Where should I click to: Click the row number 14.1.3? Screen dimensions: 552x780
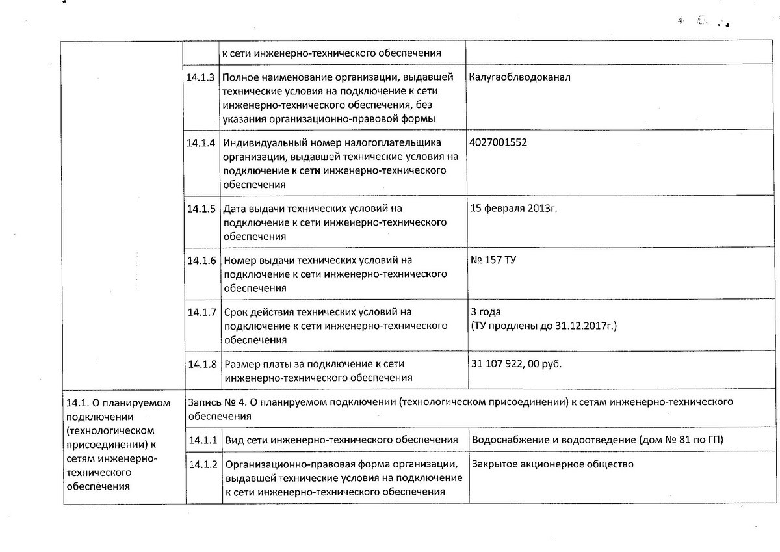coord(201,77)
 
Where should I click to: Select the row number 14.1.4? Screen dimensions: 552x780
coord(201,143)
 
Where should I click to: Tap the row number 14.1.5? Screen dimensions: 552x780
coord(201,209)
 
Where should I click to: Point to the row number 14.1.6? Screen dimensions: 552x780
coord(201,260)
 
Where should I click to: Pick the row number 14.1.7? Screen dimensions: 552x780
coord(201,312)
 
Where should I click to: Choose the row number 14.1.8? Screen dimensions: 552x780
coord(201,364)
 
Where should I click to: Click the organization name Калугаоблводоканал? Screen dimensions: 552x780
coord(519,77)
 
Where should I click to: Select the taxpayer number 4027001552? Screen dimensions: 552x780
coord(498,142)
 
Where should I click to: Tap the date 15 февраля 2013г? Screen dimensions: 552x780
coord(513,209)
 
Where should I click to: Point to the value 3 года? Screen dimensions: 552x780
coord(485,312)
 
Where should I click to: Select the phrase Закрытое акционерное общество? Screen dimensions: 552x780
coord(553,464)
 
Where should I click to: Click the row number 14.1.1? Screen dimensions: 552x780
coord(201,440)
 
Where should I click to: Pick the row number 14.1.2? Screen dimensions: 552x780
coord(201,465)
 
